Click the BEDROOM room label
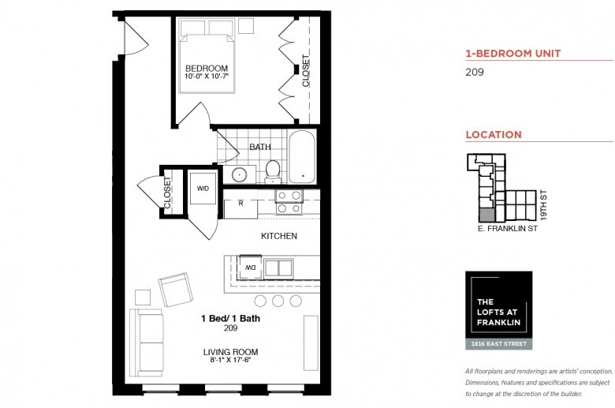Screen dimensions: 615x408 coord(207,69)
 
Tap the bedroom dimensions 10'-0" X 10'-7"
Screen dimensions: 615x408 coord(207,77)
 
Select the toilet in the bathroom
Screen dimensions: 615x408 coord(273,172)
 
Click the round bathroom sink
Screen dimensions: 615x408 coord(239,174)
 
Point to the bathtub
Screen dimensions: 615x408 coord(302,157)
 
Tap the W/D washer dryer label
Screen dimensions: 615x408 coord(203,189)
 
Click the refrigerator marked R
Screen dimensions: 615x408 coord(240,208)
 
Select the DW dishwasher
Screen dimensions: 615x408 coord(250,268)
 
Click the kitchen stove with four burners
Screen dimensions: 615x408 coord(289,201)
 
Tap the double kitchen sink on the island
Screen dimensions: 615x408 coord(278,268)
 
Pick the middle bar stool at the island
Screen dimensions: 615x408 coord(278,301)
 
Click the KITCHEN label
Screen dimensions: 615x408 coord(279,236)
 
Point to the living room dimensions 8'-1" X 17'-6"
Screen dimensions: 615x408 coord(230,360)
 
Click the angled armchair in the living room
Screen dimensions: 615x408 coord(176,290)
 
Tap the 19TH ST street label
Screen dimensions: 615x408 coord(543,205)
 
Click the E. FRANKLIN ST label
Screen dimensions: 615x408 coord(508,229)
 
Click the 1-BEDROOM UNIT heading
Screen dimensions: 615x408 coord(513,54)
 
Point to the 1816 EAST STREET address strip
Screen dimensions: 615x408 coord(499,344)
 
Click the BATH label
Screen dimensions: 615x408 coord(260,147)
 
